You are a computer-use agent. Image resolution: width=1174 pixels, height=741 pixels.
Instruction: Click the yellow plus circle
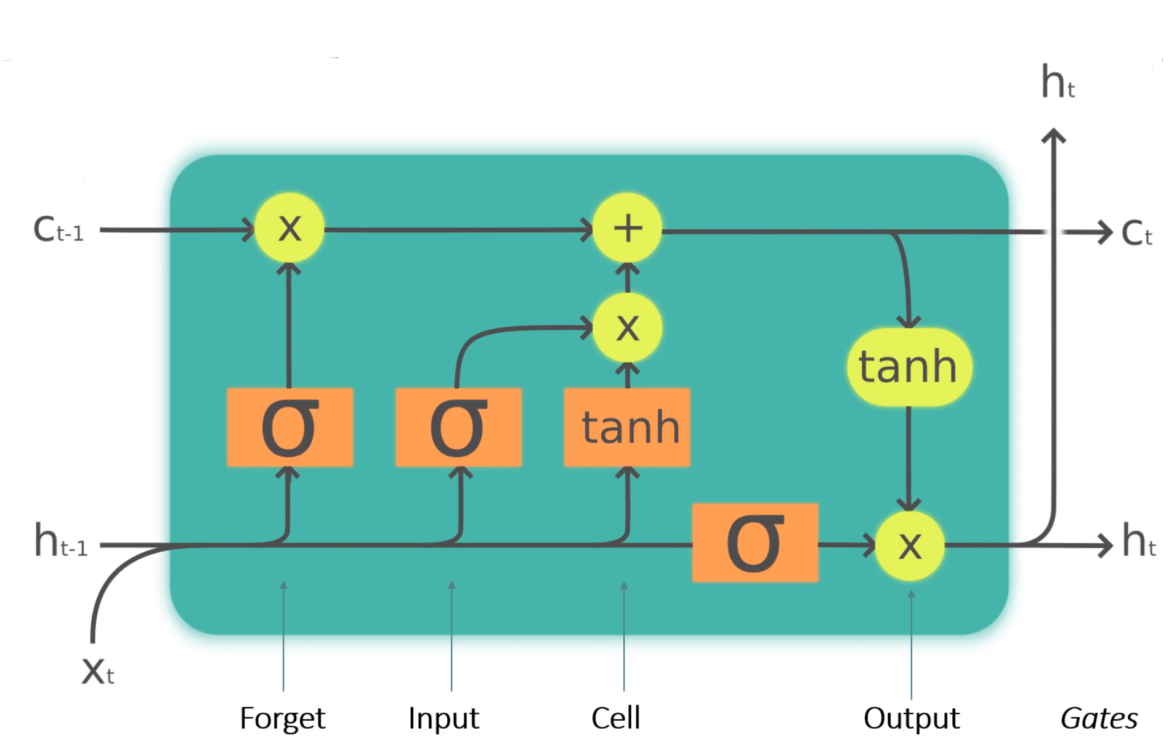tap(627, 228)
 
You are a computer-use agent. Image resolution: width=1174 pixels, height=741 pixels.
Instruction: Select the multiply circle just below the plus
tap(627, 327)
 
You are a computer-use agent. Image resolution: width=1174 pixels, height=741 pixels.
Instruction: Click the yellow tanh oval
tap(909, 367)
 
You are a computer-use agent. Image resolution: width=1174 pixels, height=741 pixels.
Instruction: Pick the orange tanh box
tap(627, 427)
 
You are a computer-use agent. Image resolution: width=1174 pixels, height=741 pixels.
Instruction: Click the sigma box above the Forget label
tap(289, 427)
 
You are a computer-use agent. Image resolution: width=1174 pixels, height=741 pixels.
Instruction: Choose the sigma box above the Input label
tap(458, 427)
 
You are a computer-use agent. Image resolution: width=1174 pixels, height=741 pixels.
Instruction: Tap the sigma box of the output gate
tap(755, 542)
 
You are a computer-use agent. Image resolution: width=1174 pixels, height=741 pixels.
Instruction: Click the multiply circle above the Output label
tap(910, 546)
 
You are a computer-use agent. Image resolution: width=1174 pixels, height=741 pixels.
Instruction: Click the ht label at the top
tap(1058, 83)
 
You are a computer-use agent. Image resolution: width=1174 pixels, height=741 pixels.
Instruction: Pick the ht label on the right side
tap(1138, 541)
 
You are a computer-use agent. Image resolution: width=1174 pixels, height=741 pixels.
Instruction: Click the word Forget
tap(282, 719)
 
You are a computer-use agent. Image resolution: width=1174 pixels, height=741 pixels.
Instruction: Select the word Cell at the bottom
tap(615, 718)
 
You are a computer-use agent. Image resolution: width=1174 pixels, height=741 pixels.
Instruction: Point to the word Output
tap(911, 719)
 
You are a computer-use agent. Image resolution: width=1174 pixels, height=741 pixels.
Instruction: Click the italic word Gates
tap(1099, 719)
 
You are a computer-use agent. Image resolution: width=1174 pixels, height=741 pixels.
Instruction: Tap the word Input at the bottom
tap(443, 719)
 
